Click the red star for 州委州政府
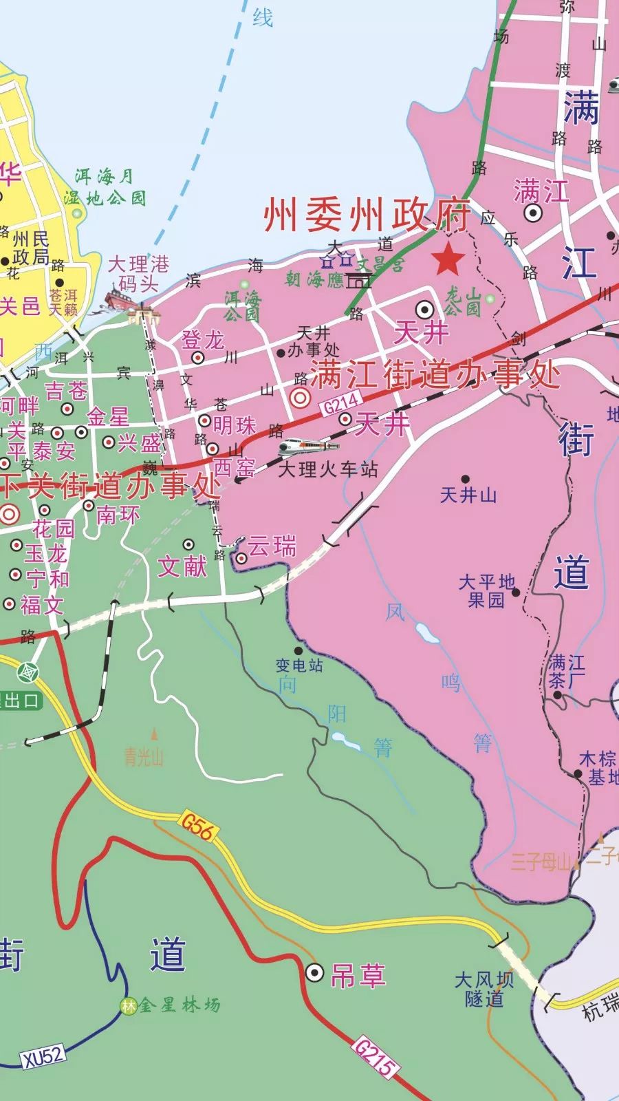pyautogui.click(x=448, y=259)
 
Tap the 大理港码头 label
pyautogui.click(x=139, y=274)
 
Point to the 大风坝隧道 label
pyautogui.click(x=484, y=989)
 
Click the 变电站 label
pyautogui.click(x=299, y=665)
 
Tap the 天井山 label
pyautogui.click(x=468, y=494)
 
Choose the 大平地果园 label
pyautogui.click(x=487, y=591)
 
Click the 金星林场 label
pyautogui.click(x=180, y=1005)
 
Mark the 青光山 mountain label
pyautogui.click(x=144, y=758)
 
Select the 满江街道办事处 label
pyautogui.click(x=436, y=376)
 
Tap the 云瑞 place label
pyautogui.click(x=272, y=547)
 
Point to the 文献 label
pyautogui.click(x=182, y=566)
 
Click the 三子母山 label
pyautogui.click(x=541, y=862)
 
